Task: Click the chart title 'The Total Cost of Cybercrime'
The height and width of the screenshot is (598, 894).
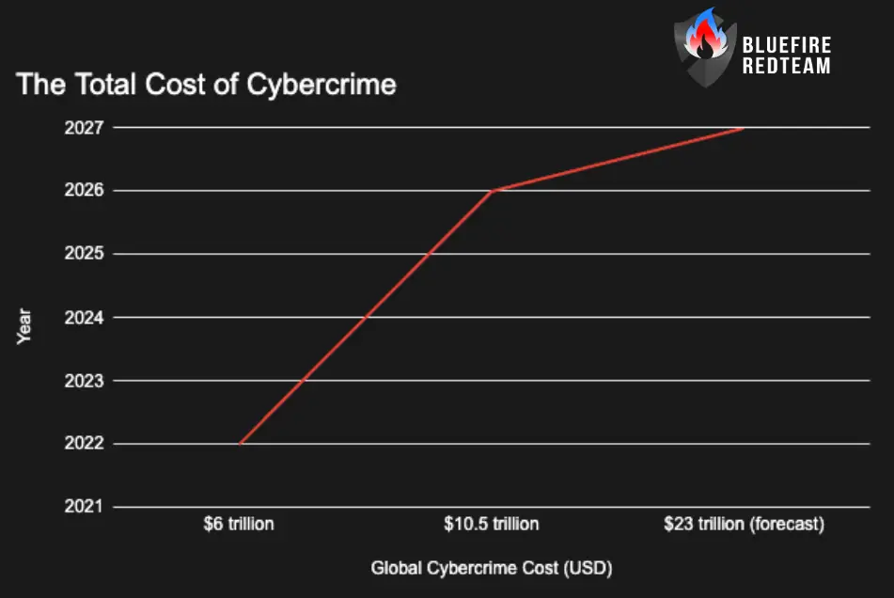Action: pos(207,85)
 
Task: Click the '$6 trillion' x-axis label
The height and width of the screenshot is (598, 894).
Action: pos(239,525)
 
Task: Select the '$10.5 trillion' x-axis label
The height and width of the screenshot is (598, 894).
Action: pos(492,525)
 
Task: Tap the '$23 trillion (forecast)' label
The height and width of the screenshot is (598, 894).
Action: pos(744,525)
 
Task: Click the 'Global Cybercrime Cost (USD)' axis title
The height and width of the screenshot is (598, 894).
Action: pos(492,568)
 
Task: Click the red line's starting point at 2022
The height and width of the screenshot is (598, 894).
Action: pos(240,444)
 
